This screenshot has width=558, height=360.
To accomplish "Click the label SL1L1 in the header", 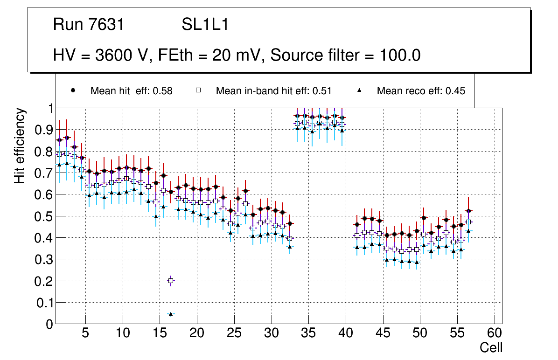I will tap(205, 25).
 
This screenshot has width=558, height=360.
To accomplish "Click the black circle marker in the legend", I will tap(73, 90).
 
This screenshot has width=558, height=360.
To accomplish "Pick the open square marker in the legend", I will tap(198, 90).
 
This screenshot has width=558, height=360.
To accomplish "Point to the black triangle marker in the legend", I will tap(359, 90).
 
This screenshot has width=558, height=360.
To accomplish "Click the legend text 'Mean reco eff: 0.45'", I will tap(421, 91).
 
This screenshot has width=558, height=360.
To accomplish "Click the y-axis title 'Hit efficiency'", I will tap(20, 145).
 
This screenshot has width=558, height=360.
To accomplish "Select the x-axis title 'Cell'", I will tap(491, 347).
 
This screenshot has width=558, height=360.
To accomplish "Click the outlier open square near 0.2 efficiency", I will tap(171, 281).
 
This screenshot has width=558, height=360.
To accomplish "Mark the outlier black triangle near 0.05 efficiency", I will tap(171, 314).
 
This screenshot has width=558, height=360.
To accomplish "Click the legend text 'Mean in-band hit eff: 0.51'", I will tap(273, 91).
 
